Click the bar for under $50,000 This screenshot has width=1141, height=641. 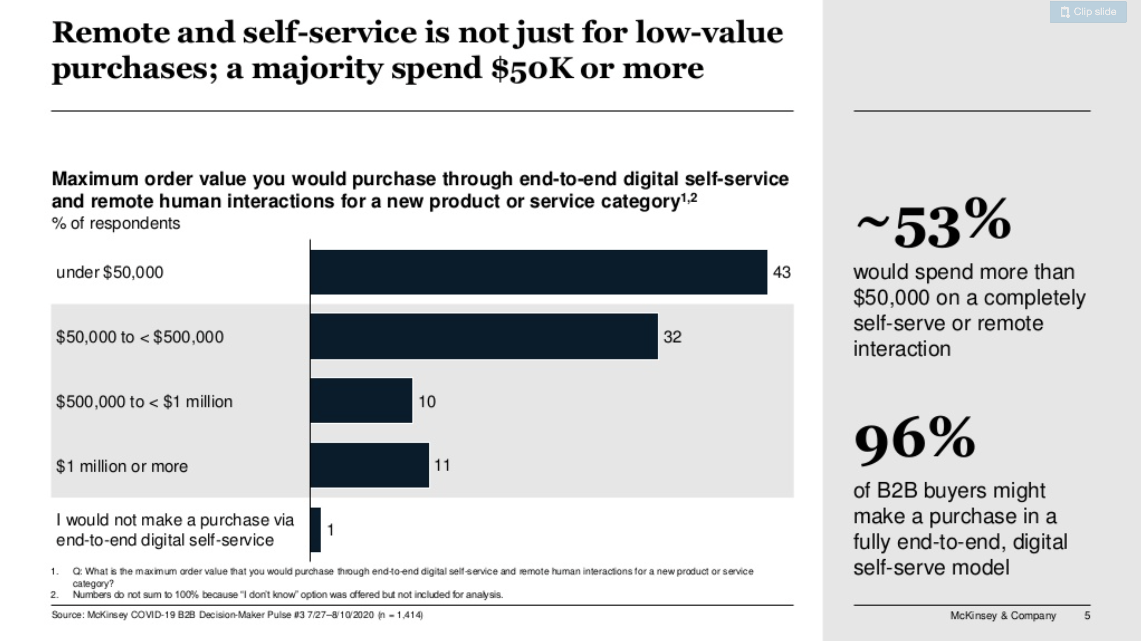click(x=538, y=272)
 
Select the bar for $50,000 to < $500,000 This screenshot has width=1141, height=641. click(x=484, y=336)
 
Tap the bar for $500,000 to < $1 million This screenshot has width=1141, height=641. click(x=361, y=401)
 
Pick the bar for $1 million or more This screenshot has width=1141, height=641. click(x=369, y=465)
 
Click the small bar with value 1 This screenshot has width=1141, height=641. click(x=315, y=530)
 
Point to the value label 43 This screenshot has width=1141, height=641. click(x=781, y=272)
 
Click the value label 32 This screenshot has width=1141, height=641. click(x=672, y=337)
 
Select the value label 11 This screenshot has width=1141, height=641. click(x=442, y=465)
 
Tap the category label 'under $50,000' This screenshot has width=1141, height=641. click(x=110, y=272)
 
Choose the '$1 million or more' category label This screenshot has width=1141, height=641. click(x=122, y=466)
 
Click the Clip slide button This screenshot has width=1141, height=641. click(x=1087, y=12)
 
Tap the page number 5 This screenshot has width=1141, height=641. click(x=1087, y=615)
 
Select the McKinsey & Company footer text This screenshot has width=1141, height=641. click(x=1003, y=615)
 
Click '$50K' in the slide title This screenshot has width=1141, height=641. click(x=532, y=69)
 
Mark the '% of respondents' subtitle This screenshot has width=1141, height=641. click(x=116, y=223)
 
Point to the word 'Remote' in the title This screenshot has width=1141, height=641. click(x=110, y=33)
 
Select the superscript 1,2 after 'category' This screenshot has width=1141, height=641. click(x=689, y=198)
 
